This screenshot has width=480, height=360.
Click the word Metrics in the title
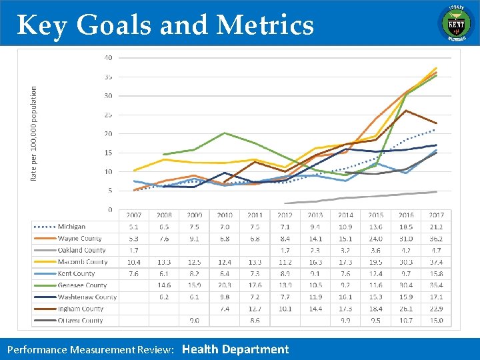(265, 25)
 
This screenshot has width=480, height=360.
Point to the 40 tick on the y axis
(108, 57)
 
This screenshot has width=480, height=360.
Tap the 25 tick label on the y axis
(108, 115)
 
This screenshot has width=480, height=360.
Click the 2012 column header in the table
(285, 215)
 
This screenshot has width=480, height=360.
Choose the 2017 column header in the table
(436, 215)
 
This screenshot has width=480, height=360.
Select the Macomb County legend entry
(82, 262)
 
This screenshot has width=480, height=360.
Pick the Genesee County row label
(83, 285)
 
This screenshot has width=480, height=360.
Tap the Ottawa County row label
(81, 321)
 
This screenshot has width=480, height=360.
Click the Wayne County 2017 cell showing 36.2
(436, 239)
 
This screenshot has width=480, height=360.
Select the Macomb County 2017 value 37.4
(436, 262)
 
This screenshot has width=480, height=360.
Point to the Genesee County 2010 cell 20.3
(225, 285)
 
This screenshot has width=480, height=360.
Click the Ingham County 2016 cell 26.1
(406, 309)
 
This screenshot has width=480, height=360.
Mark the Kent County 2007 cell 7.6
(133, 273)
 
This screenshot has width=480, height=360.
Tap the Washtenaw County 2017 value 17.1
(436, 297)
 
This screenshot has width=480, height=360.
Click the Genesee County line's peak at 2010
(225, 133)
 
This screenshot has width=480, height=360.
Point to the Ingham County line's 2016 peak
(406, 111)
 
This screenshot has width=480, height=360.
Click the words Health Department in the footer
(235, 349)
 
